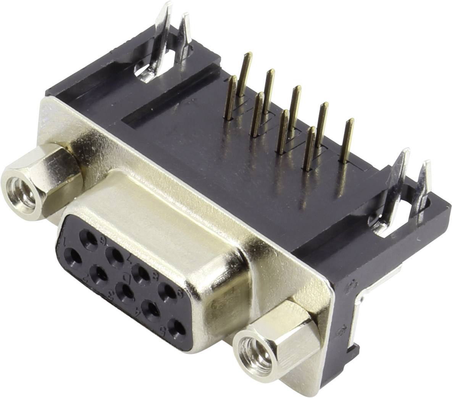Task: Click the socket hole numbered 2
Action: [100, 272]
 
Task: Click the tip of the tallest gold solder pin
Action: [248, 53]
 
